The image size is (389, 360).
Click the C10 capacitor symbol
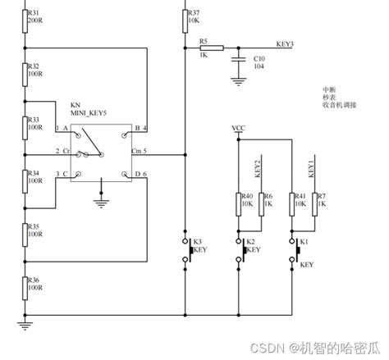[x=238, y=61]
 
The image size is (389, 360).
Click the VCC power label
[x=238, y=129]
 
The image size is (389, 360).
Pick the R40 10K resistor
[x=239, y=203]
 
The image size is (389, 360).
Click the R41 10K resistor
[x=293, y=203]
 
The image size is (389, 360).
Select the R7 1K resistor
[x=315, y=203]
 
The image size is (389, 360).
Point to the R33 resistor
[x=24, y=127]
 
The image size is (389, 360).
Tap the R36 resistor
[x=24, y=288]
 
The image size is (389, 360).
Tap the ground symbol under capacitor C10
[x=238, y=80]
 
